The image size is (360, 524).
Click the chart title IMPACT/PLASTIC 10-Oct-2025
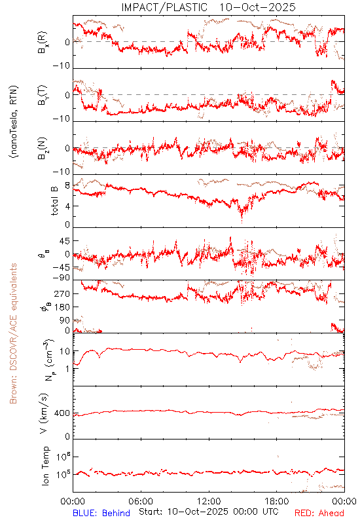click(208, 7)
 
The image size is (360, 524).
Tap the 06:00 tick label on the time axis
click(141, 502)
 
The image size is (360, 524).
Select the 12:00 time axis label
click(209, 502)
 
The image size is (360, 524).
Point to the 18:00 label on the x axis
click(277, 502)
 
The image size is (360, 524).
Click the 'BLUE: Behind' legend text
click(101, 513)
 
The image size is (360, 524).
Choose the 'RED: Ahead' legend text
click(319, 513)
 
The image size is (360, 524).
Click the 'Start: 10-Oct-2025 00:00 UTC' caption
click(209, 512)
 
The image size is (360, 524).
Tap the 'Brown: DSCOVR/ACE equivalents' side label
click(13, 333)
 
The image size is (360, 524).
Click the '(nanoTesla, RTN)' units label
click(14, 121)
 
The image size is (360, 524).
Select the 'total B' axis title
click(54, 200)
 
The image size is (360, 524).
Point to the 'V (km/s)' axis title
click(44, 413)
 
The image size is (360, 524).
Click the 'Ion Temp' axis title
click(45, 466)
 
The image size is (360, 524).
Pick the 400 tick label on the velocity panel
click(62, 413)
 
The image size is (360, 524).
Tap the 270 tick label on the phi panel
click(62, 294)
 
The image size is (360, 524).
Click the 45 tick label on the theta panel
click(64, 241)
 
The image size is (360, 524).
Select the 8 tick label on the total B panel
click(67, 186)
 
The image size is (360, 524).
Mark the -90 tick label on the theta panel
click(62, 278)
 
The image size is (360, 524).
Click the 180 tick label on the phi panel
click(62, 307)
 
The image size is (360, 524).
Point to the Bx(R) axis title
click(43, 43)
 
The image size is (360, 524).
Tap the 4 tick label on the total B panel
click(67, 206)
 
